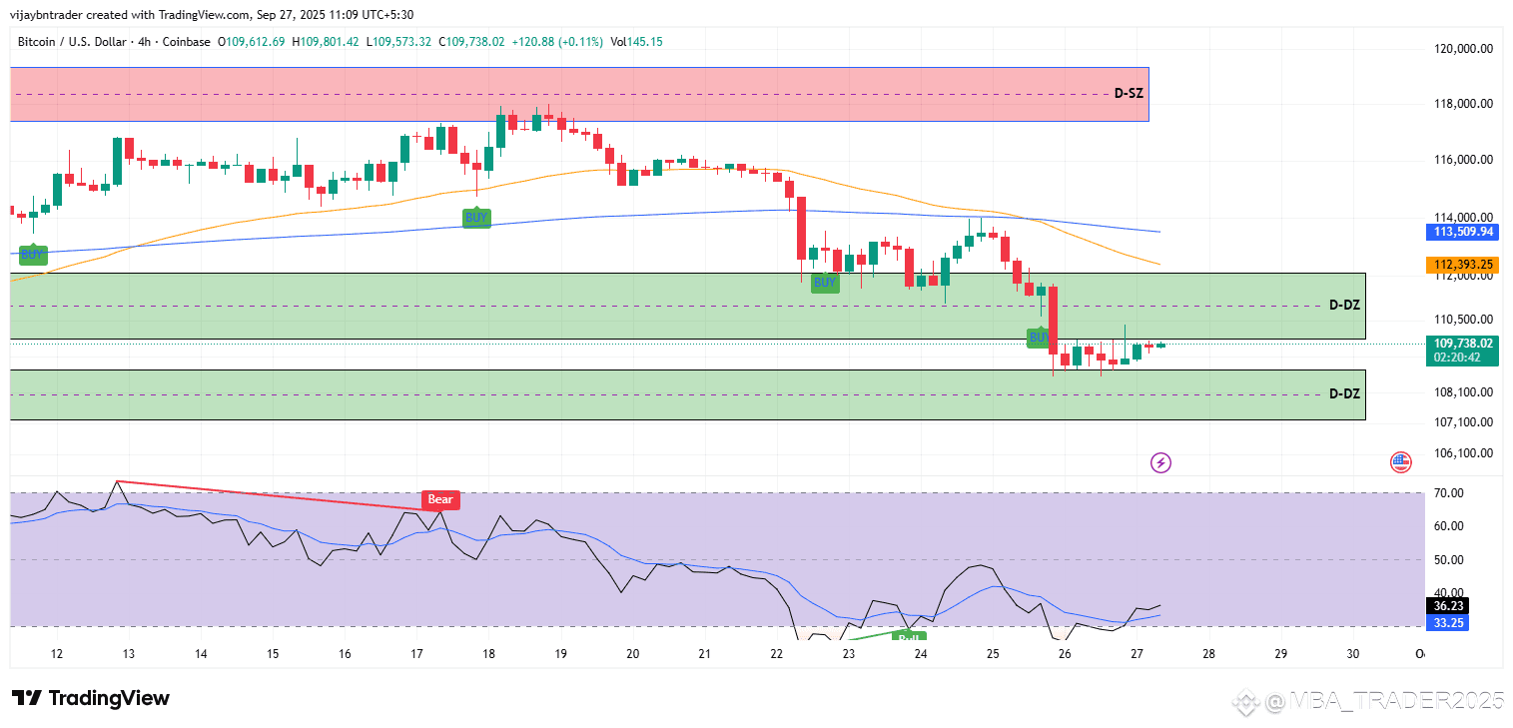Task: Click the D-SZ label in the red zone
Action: (1129, 94)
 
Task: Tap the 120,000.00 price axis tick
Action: (1461, 48)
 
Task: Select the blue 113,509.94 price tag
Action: (1461, 232)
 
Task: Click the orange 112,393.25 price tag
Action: (1461, 265)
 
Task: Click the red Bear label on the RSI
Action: (440, 499)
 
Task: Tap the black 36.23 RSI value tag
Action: (1448, 605)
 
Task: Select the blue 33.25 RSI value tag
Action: (1448, 622)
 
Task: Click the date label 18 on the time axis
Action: (489, 654)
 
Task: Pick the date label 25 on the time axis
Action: (993, 654)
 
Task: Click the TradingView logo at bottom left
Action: (91, 698)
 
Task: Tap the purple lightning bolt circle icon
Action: (1160, 462)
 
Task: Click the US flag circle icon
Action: (1400, 462)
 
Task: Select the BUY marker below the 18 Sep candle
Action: (476, 218)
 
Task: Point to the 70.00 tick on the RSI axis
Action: (1448, 493)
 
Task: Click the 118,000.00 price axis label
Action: (1461, 104)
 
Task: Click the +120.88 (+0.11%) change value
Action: (555, 42)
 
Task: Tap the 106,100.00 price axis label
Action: (1461, 453)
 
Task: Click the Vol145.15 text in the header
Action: (636, 42)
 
